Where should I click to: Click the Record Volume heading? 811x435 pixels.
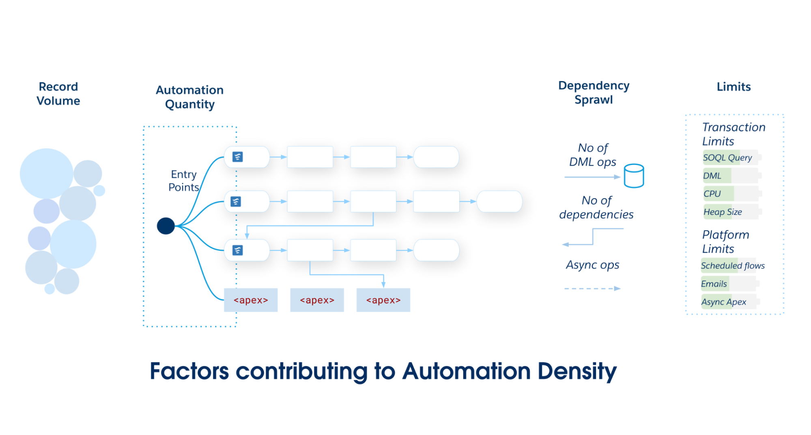coord(58,94)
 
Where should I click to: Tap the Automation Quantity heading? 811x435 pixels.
coord(189,97)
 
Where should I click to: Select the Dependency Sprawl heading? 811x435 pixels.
coord(594,92)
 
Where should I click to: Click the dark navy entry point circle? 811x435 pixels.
coord(166,226)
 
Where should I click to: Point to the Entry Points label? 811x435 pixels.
coord(183,180)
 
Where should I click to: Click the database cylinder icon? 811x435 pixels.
coord(634,176)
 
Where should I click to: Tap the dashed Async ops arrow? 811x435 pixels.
coord(592,288)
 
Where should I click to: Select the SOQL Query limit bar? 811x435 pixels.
coord(730,157)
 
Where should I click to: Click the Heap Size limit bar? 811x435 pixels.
coord(730,212)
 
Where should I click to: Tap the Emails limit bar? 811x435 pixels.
coord(728,284)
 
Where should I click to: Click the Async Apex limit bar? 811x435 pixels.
coord(728,302)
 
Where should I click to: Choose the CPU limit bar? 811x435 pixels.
coord(730,193)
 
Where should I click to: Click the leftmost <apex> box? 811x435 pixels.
coord(251,300)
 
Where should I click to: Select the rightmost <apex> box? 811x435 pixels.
coord(383,300)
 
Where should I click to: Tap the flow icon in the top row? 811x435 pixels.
coord(237,157)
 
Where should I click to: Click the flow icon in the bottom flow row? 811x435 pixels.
coord(237,250)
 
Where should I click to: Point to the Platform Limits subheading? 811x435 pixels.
coord(725,241)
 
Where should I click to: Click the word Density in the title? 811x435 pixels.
coord(577,371)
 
